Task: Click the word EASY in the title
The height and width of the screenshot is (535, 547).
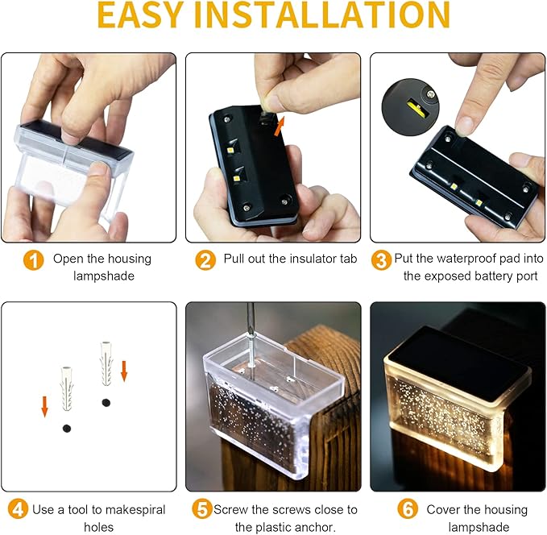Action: tap(141, 15)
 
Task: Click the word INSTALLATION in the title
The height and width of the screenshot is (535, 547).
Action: tap(322, 15)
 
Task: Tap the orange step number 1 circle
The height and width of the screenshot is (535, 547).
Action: tap(34, 260)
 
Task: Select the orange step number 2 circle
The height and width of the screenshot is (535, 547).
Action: tap(205, 260)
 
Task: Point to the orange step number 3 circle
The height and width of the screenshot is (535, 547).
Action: tap(381, 260)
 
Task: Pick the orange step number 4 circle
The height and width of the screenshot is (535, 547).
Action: tap(18, 509)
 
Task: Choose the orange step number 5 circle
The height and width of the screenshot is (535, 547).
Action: tap(202, 509)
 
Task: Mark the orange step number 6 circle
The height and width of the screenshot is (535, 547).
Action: tap(408, 509)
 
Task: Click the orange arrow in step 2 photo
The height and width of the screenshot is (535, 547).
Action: tap(279, 126)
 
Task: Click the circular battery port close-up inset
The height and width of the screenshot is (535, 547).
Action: tap(410, 107)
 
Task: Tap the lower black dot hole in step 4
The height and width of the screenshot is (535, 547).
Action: tap(67, 428)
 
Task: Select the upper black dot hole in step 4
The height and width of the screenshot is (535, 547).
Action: tap(106, 403)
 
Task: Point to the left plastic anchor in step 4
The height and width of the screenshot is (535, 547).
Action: tap(67, 388)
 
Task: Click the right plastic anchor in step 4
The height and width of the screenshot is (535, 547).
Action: tap(106, 363)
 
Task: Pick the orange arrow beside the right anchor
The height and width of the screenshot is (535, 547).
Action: tap(123, 371)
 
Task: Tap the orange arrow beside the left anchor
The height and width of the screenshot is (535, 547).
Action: tap(44, 407)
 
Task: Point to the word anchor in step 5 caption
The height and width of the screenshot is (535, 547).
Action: tap(316, 527)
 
